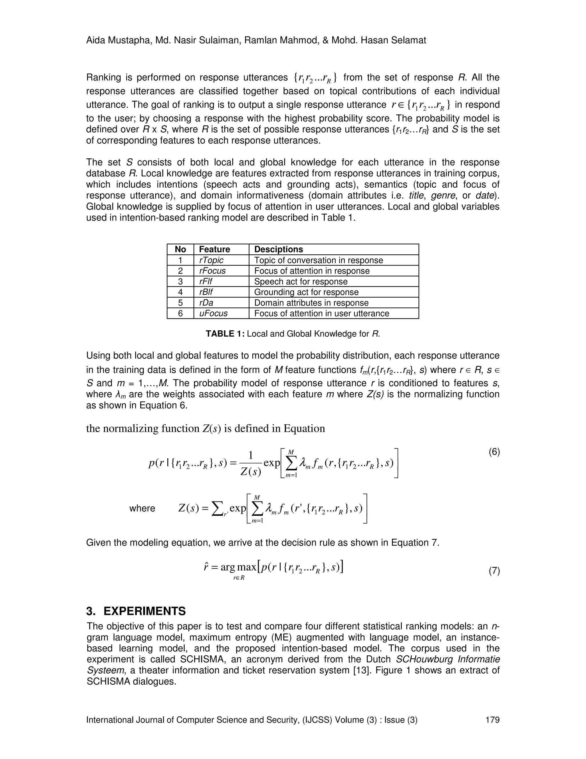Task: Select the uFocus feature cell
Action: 213,313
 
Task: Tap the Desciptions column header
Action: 278,249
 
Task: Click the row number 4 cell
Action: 180,292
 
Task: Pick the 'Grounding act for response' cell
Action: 306,292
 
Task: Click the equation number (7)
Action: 494,571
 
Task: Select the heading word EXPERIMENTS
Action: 145,611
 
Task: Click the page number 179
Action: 492,720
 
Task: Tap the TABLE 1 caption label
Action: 225,334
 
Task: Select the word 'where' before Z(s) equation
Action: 142,508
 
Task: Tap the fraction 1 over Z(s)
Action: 251,463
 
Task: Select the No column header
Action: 180,249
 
